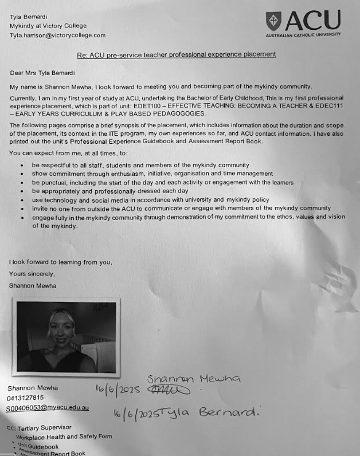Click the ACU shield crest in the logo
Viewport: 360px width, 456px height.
[x=274, y=21]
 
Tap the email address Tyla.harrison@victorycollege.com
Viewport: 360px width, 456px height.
[x=57, y=35]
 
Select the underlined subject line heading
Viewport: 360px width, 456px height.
[x=177, y=54]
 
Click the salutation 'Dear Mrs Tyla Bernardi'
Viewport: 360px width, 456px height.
[x=42, y=73]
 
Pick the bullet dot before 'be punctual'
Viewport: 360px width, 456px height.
[x=22, y=183]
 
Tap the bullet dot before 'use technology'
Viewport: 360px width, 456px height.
[x=22, y=201]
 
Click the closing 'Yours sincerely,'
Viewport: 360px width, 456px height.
[x=32, y=274]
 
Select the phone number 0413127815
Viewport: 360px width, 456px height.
[x=25, y=398]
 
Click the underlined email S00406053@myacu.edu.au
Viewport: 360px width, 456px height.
[x=48, y=408]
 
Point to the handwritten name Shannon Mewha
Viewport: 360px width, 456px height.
[x=194, y=379]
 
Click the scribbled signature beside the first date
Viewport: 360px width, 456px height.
[x=169, y=390]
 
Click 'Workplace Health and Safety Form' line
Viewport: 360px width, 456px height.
[x=64, y=437]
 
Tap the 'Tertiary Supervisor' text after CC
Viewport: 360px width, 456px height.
[x=45, y=428]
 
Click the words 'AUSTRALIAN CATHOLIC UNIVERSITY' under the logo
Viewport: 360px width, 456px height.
[x=303, y=35]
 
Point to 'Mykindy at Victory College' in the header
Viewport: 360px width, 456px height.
[x=48, y=26]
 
